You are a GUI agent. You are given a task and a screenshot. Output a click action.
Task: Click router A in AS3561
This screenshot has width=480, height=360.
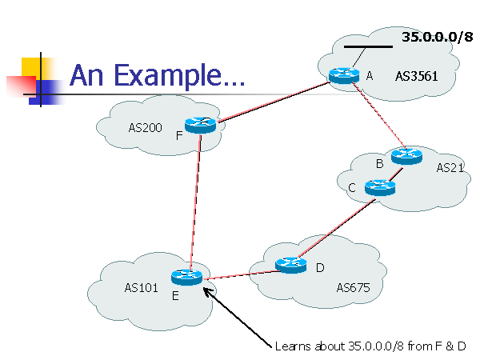tap(345, 75)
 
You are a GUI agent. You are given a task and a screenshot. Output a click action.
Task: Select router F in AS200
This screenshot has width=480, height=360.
tap(200, 124)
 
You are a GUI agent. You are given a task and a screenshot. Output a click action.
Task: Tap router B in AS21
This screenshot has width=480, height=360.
tap(406, 156)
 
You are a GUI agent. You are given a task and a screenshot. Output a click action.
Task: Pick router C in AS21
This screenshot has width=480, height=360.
tap(379, 187)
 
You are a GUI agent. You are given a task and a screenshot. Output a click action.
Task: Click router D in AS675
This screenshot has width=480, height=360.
tap(290, 264)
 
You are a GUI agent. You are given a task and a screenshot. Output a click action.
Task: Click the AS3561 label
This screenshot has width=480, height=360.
tap(416, 77)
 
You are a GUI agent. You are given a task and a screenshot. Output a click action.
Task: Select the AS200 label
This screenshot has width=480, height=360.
tap(145, 127)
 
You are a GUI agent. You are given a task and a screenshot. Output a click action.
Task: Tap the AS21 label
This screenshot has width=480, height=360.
tap(450, 168)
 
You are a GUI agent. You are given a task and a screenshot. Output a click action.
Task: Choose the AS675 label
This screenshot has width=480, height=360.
tap(352, 288)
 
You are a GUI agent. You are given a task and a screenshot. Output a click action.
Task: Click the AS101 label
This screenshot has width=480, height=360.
tap(142, 286)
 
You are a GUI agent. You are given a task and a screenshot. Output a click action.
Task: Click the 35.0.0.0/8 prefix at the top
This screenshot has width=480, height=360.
tap(437, 37)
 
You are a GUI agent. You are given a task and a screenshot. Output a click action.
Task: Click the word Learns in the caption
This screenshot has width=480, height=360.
tap(293, 346)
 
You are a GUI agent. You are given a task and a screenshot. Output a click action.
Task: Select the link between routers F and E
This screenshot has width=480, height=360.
tap(194, 200)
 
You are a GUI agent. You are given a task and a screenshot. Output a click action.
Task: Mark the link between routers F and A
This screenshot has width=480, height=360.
tap(272, 100)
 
